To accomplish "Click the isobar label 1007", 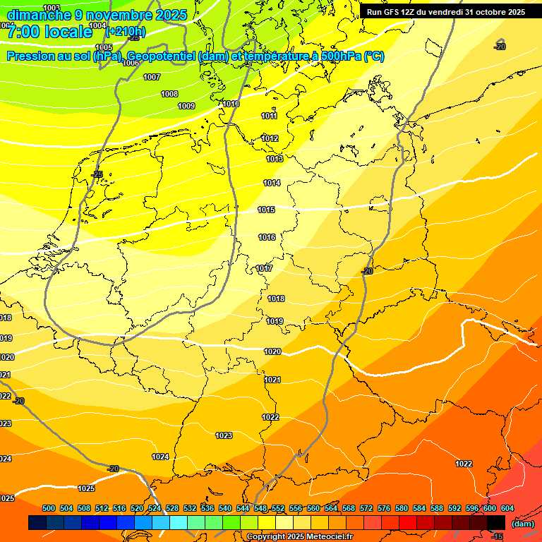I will point(152,78).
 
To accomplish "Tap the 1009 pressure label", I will point(186,107).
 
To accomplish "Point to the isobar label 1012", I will point(270,139).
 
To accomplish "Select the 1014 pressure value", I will point(272,183).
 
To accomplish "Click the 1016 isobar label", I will point(267,238).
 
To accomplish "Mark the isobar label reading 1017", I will point(265,269).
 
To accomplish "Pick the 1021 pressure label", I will point(272,380).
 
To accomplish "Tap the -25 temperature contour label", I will point(97,174).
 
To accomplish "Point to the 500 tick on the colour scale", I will point(49,509).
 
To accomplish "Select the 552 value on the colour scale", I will point(278,509).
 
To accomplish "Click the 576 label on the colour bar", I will point(384,509).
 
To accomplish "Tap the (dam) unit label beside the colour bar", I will point(522,524).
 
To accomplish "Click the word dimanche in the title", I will point(39,15).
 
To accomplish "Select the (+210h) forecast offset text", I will point(126,32).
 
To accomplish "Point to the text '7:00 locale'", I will point(49,32).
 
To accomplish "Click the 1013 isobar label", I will point(275,159).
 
